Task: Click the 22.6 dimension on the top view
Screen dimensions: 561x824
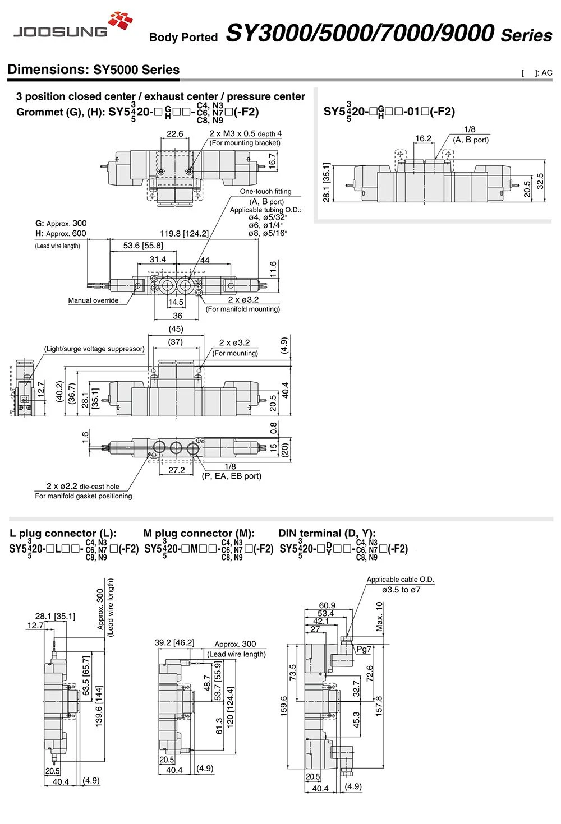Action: pos(175,134)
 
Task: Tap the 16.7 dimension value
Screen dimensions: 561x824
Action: pos(272,161)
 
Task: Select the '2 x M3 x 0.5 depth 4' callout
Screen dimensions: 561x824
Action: pos(246,133)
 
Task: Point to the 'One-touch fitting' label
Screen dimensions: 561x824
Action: pos(265,191)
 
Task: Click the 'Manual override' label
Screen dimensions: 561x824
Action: pos(93,300)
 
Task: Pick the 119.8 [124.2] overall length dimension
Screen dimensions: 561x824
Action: pos(184,234)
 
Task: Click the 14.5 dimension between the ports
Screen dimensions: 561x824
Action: pos(176,302)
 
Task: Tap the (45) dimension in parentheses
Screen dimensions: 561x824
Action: pos(176,329)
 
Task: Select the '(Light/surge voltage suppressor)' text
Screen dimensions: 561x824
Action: pos(94,349)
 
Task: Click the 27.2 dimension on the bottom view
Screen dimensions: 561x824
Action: pos(176,470)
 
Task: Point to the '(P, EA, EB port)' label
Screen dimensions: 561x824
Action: pos(231,476)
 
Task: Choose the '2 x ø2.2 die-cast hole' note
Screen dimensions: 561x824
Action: pos(83,487)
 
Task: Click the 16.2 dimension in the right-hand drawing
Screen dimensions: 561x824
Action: pos(424,138)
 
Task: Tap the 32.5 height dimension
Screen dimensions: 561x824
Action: pos(540,182)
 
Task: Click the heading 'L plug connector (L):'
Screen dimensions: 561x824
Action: pos(63,534)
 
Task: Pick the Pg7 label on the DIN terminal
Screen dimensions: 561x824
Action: pos(364,649)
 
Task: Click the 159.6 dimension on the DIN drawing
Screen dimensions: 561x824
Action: pos(283,706)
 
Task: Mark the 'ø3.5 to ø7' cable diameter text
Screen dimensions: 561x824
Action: pos(401,590)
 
